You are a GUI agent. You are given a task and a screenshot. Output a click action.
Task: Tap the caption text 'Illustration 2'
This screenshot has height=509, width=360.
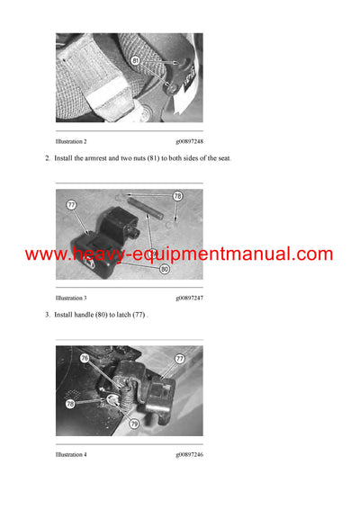click(71, 142)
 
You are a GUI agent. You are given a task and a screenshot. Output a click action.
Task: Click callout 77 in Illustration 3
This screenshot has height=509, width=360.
click(70, 205)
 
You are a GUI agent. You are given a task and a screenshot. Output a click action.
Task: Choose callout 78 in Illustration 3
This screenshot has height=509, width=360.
click(177, 195)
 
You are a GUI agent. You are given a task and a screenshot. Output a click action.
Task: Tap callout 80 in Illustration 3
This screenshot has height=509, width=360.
click(164, 268)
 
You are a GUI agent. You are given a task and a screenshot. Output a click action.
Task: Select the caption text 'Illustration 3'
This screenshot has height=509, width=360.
click(71, 298)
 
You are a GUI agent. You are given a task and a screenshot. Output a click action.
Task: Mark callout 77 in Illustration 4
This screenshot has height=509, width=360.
click(179, 358)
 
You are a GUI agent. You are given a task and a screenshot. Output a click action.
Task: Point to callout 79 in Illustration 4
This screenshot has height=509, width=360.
click(132, 422)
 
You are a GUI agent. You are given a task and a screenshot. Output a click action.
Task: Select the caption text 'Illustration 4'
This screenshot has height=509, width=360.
click(71, 453)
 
